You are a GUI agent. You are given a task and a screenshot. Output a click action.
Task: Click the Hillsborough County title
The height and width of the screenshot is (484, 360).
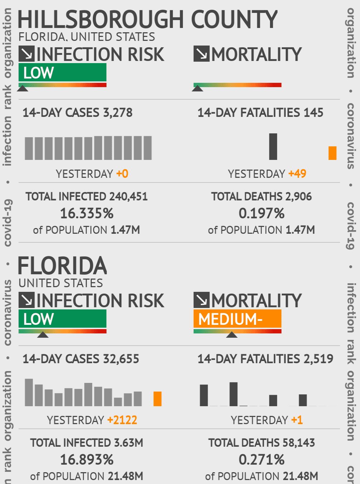point(147,19)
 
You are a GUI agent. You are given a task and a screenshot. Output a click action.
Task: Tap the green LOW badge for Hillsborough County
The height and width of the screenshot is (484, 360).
point(62,72)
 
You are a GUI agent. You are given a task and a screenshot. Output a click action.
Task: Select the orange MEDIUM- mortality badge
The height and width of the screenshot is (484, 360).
point(237,319)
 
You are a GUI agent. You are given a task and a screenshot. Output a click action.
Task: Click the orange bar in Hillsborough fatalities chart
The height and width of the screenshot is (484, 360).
point(332,153)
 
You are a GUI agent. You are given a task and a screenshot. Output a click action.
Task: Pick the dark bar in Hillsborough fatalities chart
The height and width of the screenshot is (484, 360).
point(273,147)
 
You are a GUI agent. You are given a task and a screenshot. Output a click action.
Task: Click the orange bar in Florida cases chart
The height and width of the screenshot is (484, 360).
point(157,399)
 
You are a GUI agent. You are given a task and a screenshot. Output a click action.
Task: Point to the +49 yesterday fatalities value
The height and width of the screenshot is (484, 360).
point(297,174)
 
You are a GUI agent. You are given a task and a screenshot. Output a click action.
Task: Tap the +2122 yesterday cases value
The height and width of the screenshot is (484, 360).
point(122,420)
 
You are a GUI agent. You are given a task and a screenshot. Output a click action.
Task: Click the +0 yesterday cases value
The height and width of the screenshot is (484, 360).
point(122,174)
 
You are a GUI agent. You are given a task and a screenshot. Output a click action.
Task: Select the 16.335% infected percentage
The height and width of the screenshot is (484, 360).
point(87,214)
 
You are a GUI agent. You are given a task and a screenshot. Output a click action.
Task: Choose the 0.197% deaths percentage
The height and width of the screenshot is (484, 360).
point(261,214)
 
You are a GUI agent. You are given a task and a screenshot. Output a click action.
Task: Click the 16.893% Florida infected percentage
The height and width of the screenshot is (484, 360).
point(87,460)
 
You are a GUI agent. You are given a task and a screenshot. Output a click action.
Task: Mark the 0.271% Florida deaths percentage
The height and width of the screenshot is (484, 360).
point(261,460)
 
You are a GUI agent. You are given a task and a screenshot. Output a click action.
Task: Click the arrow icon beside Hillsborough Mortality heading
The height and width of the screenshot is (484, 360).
point(202,54)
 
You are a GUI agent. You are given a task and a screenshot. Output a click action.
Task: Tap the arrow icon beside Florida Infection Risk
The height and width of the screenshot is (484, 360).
point(27,300)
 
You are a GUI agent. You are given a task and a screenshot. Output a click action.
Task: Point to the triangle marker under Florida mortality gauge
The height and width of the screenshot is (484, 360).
point(232,335)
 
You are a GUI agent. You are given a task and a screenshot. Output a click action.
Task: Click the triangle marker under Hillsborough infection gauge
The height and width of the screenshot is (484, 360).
point(23,88)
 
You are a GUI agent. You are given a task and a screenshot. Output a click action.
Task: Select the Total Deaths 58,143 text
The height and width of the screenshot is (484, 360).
point(261,443)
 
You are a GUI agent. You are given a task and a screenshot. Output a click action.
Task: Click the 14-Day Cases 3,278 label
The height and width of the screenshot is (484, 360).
point(77,113)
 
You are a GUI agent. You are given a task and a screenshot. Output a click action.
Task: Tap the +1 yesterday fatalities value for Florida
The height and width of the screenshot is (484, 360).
point(297,420)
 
